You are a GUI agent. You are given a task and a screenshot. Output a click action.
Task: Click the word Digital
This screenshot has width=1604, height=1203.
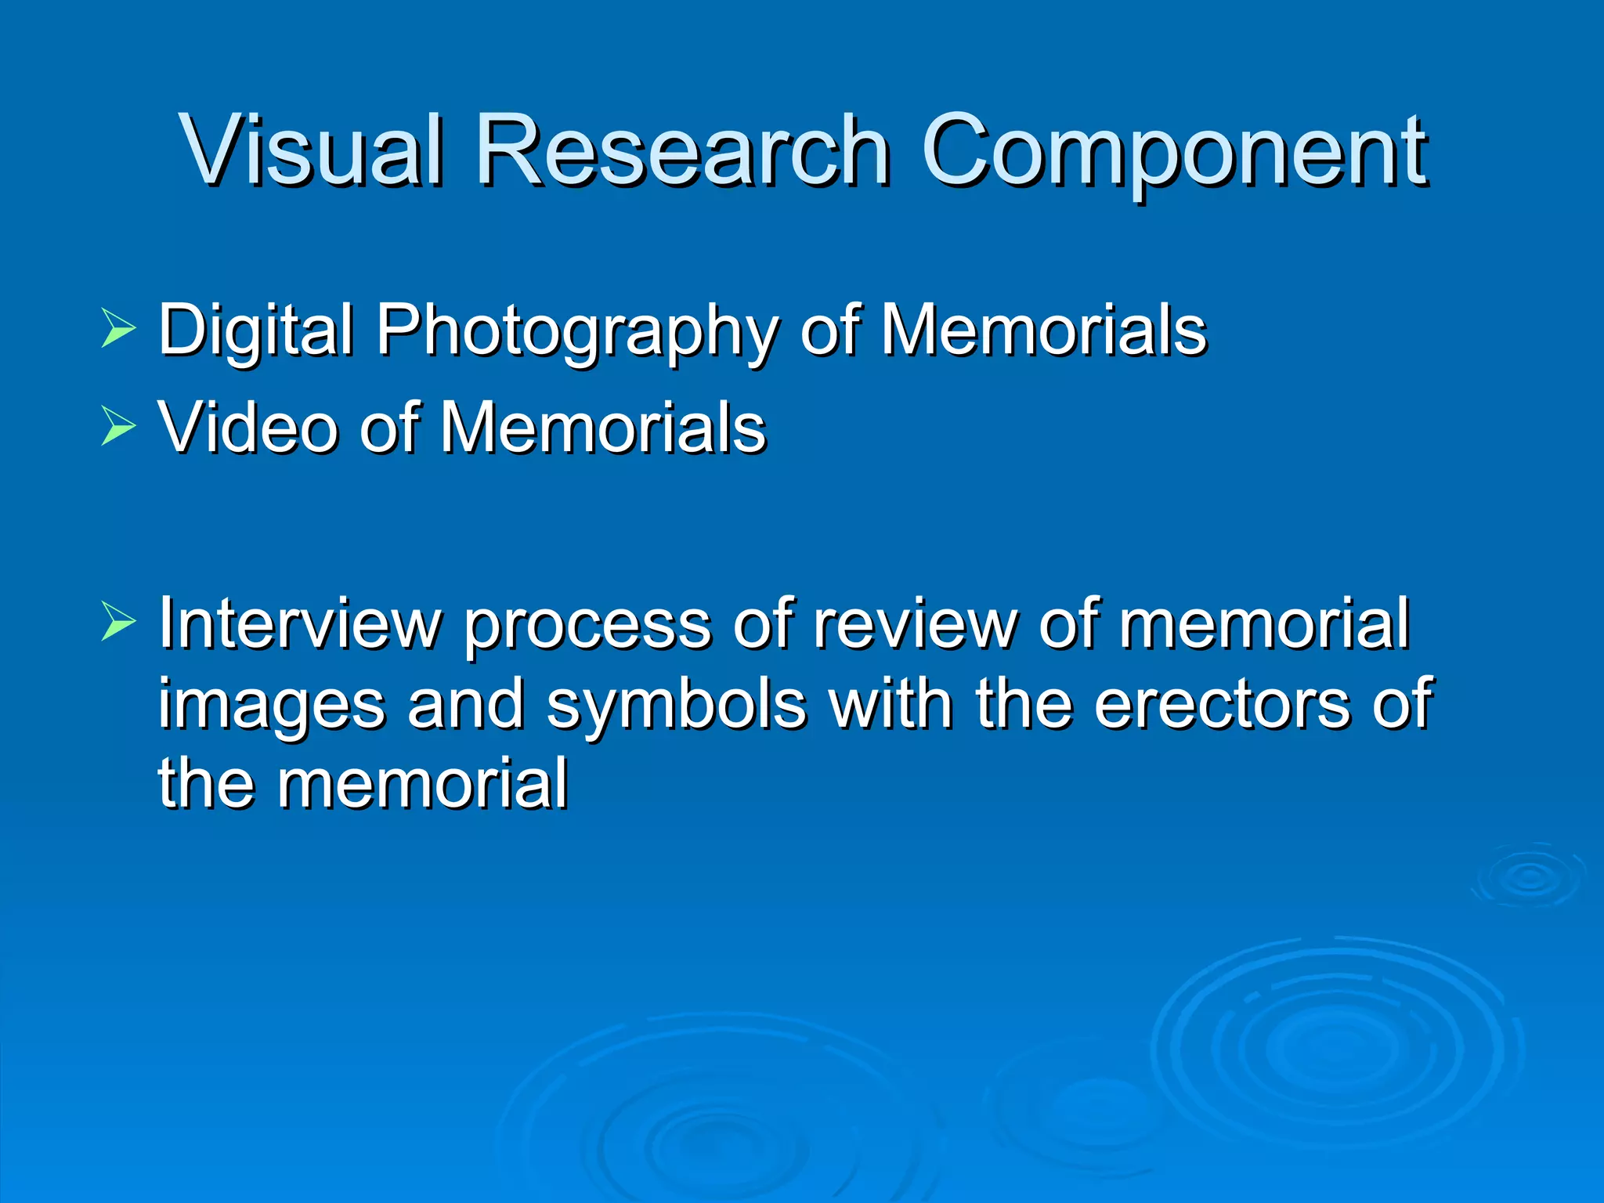tap(255, 331)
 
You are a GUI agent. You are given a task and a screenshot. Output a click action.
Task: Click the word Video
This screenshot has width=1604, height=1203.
tap(247, 428)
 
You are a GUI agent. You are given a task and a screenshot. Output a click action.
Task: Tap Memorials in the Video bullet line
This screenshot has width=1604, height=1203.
tap(603, 428)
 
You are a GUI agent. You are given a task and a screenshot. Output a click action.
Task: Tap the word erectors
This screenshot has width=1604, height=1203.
tap(1222, 703)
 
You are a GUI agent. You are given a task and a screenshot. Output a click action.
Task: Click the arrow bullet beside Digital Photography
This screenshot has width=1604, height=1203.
tap(118, 330)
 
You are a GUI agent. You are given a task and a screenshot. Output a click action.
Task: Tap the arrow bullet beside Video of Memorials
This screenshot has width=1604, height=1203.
tap(118, 428)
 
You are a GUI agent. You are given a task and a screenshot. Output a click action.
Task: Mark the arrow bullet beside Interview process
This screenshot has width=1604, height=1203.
tap(118, 624)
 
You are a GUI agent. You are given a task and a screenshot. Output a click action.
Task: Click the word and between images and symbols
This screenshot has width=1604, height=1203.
tap(465, 703)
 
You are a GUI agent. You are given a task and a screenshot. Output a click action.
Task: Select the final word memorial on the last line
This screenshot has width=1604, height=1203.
tap(422, 783)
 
